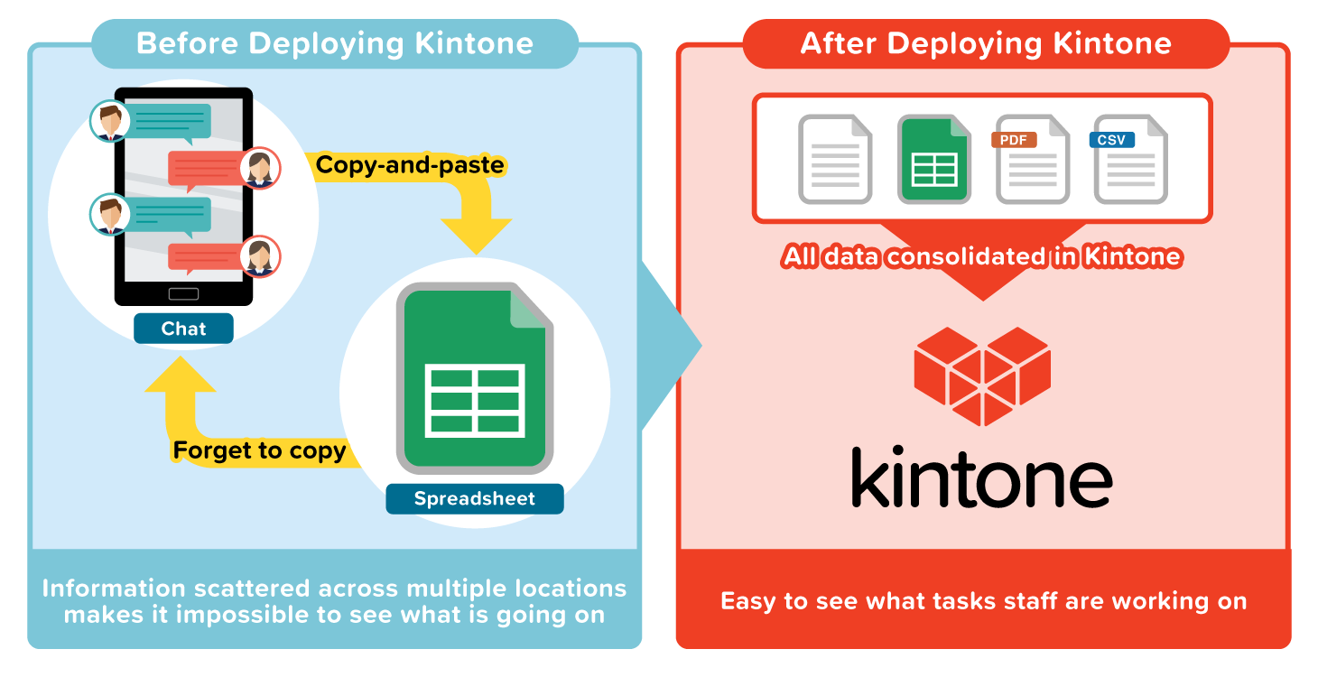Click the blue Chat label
tap(183, 329)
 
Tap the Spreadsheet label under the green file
tap(474, 498)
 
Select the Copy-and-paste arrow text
tap(409, 165)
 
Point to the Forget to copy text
tap(259, 450)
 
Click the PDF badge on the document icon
tap(1014, 141)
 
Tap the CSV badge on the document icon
tap(1111, 141)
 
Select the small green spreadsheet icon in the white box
tap(933, 160)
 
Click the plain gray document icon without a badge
tap(835, 160)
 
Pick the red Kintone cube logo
tap(982, 376)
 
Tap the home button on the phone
tap(183, 293)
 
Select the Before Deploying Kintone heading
tap(334, 43)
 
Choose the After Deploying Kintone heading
tap(986, 43)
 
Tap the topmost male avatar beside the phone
tap(110, 121)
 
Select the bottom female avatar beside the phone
tap(260, 255)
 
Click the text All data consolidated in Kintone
tap(982, 257)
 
